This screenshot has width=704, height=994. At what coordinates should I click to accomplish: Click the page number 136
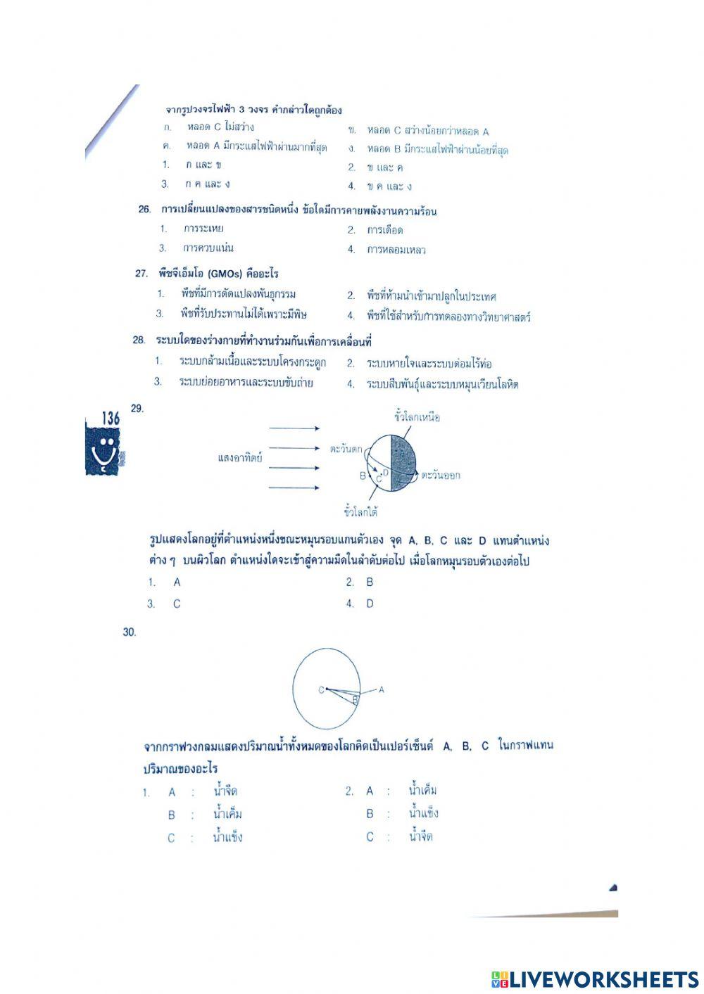coord(110,418)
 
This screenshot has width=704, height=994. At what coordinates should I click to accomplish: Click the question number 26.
coord(144,210)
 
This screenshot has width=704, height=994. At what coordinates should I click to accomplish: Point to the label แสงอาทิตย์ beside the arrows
coord(240,458)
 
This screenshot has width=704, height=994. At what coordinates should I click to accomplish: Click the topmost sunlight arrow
coord(294,428)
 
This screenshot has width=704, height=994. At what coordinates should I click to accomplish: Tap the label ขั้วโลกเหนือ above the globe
coord(417,417)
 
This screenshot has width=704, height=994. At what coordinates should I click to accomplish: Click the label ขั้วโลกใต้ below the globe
coord(361,511)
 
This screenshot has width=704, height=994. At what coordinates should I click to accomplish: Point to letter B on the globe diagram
coord(363,476)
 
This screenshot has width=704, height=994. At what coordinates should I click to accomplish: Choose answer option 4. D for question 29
coord(369,604)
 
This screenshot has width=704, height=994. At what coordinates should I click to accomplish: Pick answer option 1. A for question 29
coord(176,582)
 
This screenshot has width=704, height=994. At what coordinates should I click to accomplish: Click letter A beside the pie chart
coord(382,690)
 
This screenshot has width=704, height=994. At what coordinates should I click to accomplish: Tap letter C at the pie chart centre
coord(321,690)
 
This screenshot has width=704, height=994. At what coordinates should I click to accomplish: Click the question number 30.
coord(129,632)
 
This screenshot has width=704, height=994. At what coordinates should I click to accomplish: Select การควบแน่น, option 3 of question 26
coord(208,248)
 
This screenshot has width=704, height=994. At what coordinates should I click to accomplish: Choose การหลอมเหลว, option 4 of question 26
coord(396,250)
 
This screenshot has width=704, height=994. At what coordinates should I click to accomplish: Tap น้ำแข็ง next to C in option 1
coord(227,838)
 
